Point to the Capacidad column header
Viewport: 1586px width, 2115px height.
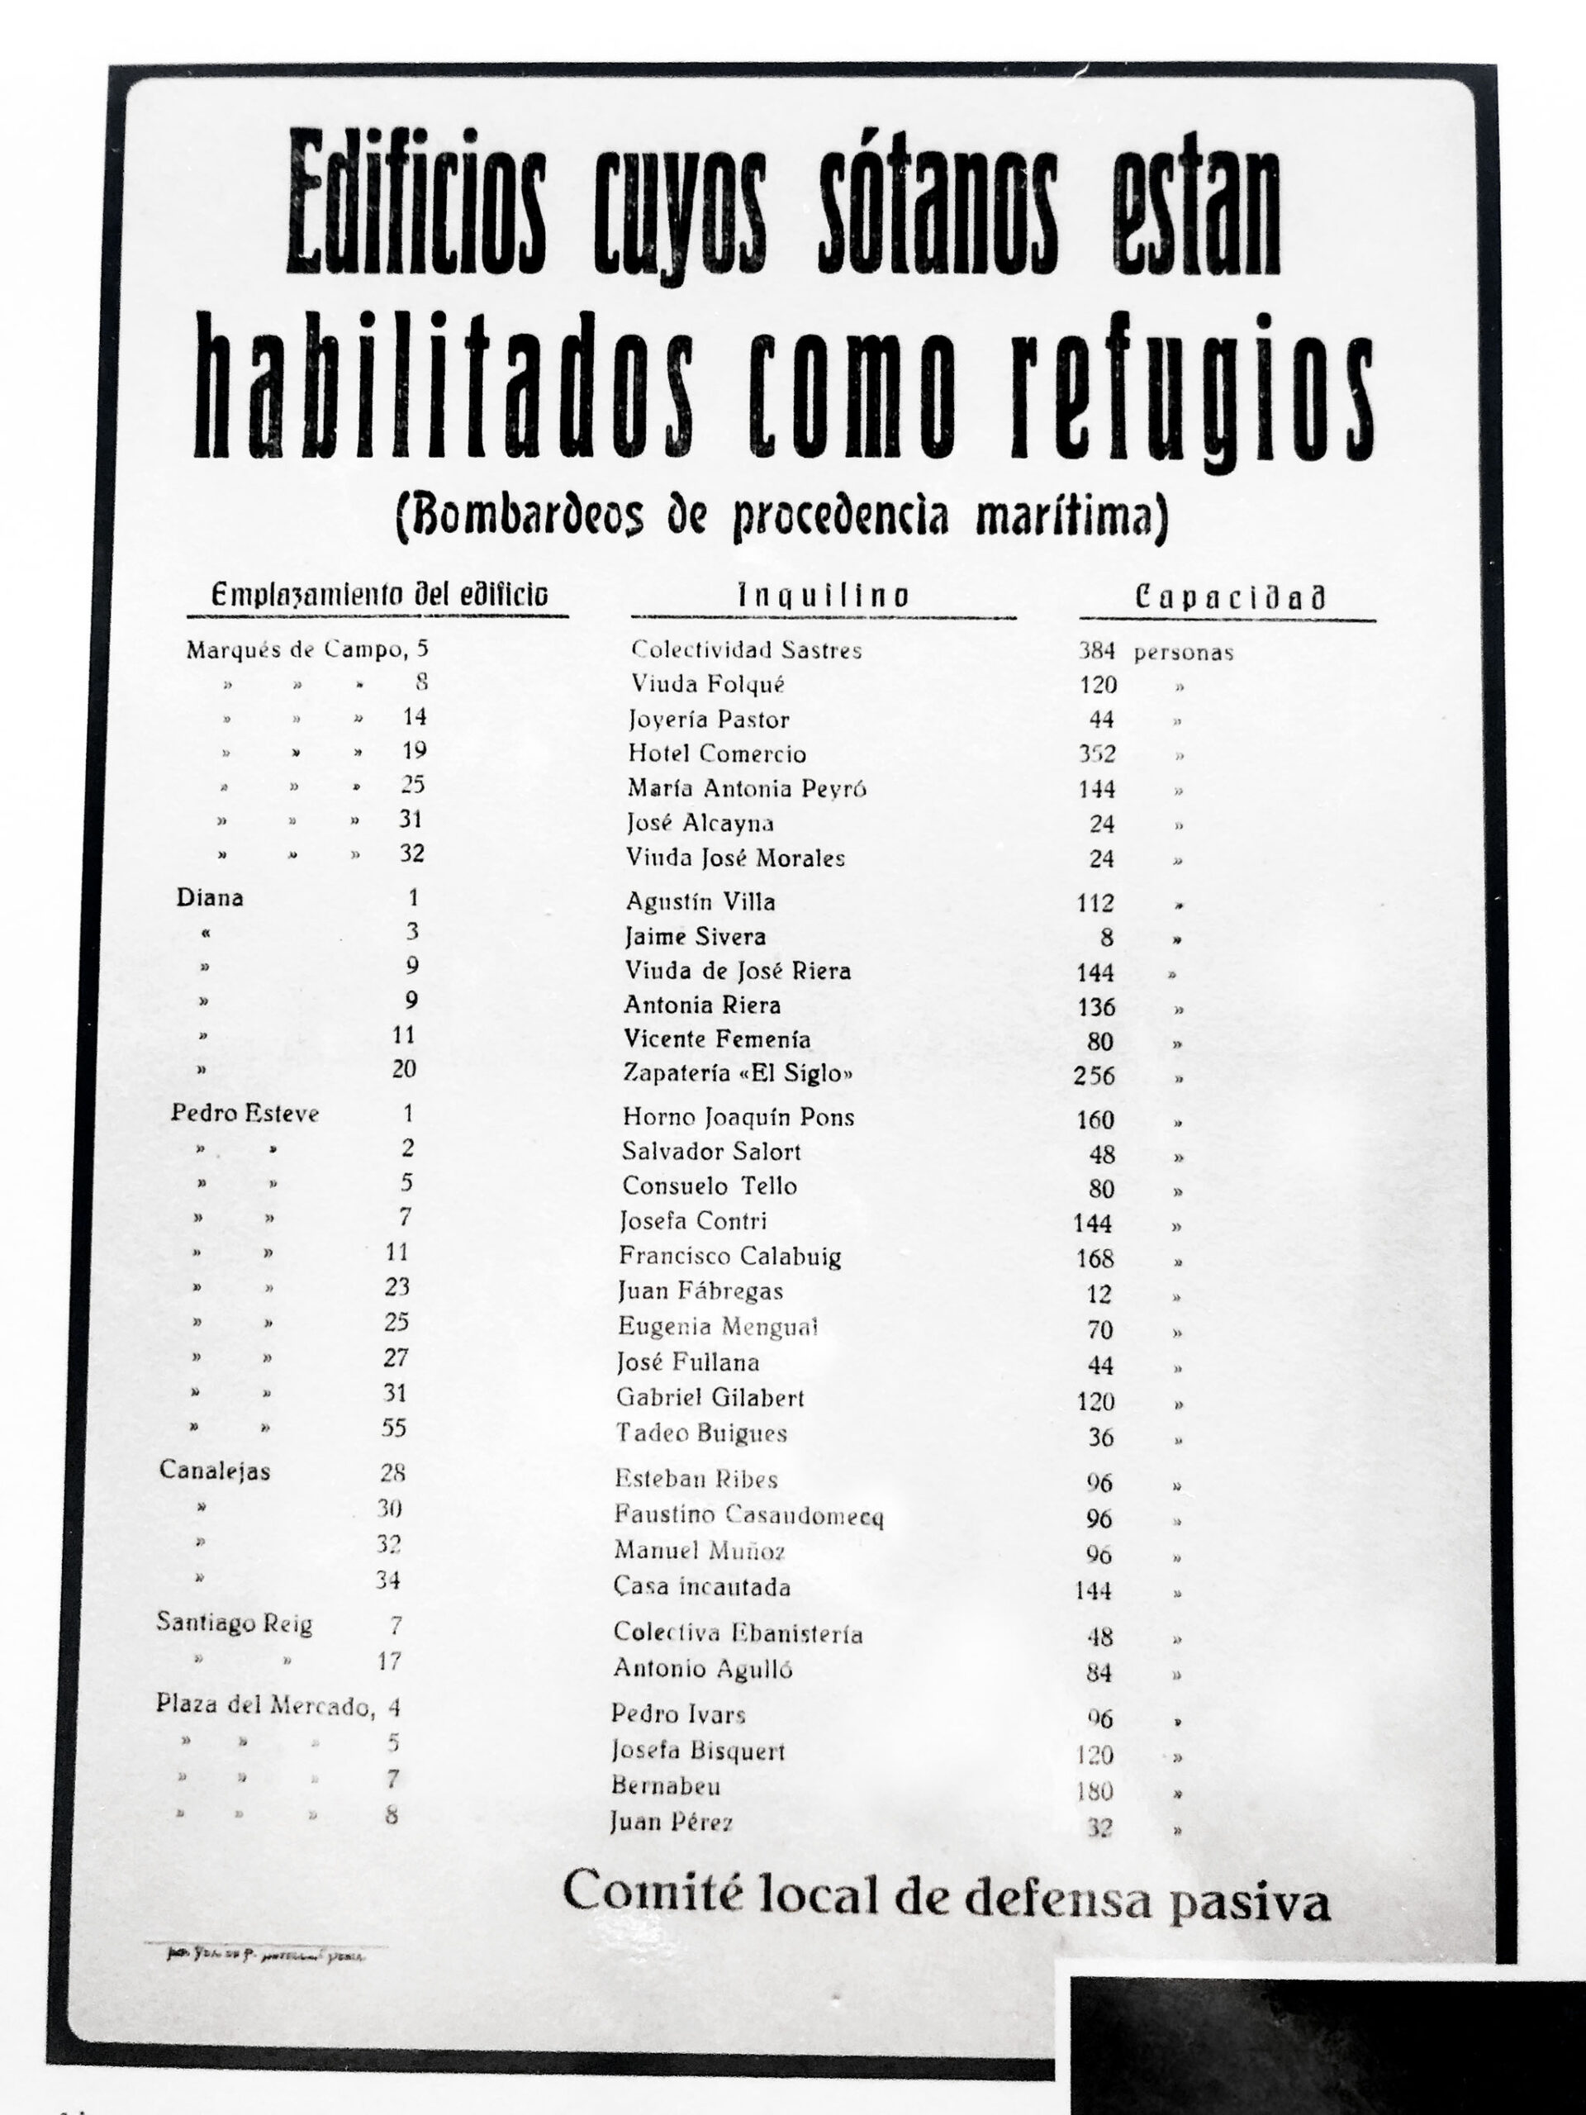point(1229,598)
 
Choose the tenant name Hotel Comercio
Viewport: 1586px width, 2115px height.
point(717,753)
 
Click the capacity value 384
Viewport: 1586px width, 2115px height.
point(1096,651)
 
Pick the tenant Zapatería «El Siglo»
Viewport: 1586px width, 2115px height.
point(737,1073)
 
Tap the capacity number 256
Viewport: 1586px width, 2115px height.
point(1094,1076)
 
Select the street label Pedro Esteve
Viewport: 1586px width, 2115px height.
point(245,1113)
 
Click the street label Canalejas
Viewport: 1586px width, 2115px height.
point(214,1471)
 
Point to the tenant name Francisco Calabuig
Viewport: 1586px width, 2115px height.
point(729,1256)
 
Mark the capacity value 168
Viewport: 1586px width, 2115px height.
point(1095,1258)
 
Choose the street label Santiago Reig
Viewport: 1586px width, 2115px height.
point(235,1623)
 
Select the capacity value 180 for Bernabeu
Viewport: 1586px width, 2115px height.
point(1095,1791)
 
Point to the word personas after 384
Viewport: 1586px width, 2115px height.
point(1184,653)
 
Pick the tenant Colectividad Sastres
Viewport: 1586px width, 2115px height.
point(746,650)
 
